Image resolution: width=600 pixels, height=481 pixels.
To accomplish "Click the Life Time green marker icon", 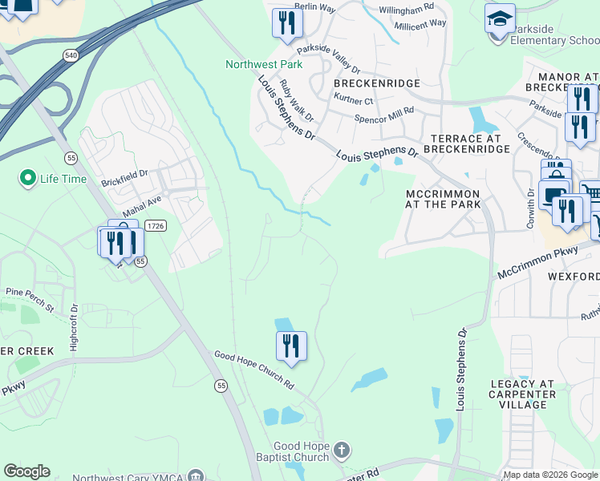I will (x=28, y=178).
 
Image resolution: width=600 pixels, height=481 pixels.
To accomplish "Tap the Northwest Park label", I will (x=263, y=65).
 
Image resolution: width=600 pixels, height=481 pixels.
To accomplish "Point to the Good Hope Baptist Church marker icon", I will (x=342, y=450).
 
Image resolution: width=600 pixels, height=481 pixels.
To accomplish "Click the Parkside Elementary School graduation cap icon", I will (x=500, y=18).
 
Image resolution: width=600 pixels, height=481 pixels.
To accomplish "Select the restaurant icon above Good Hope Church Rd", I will (x=291, y=346).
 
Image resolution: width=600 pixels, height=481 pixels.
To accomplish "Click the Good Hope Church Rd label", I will (x=253, y=370).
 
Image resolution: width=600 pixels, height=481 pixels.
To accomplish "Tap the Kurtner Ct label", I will (x=353, y=101).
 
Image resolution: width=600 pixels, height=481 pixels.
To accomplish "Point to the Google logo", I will (x=26, y=471).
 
